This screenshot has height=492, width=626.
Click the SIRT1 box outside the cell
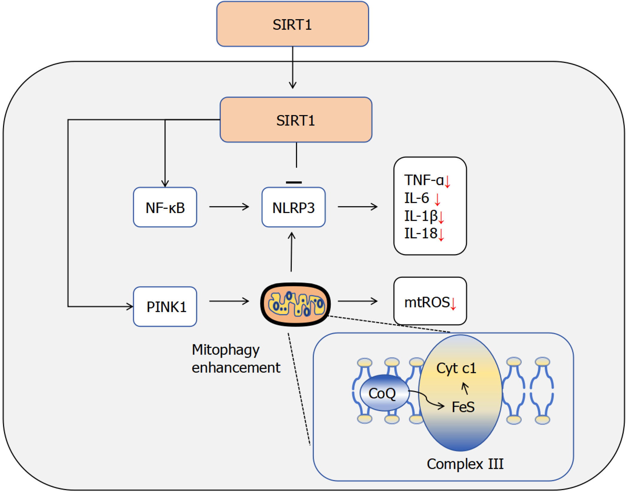coord(292,24)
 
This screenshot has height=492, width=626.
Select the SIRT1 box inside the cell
coord(296,120)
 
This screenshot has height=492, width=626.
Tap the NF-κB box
coord(165,207)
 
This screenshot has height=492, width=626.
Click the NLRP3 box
coord(293,207)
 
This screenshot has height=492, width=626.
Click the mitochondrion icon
coord(295,304)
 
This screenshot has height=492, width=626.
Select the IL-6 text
coord(417,198)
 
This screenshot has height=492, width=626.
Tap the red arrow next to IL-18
coord(441,235)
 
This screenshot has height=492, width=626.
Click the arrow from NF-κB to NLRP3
coord(229,207)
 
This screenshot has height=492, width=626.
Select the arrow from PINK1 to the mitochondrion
coord(229,301)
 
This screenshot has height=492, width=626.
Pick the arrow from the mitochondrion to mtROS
coord(358,301)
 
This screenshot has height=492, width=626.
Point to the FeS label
coord(463,407)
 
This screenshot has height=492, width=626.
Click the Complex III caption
coord(465,464)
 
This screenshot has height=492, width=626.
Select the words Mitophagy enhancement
coord(236,359)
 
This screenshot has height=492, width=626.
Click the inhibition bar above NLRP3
coord(294,182)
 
